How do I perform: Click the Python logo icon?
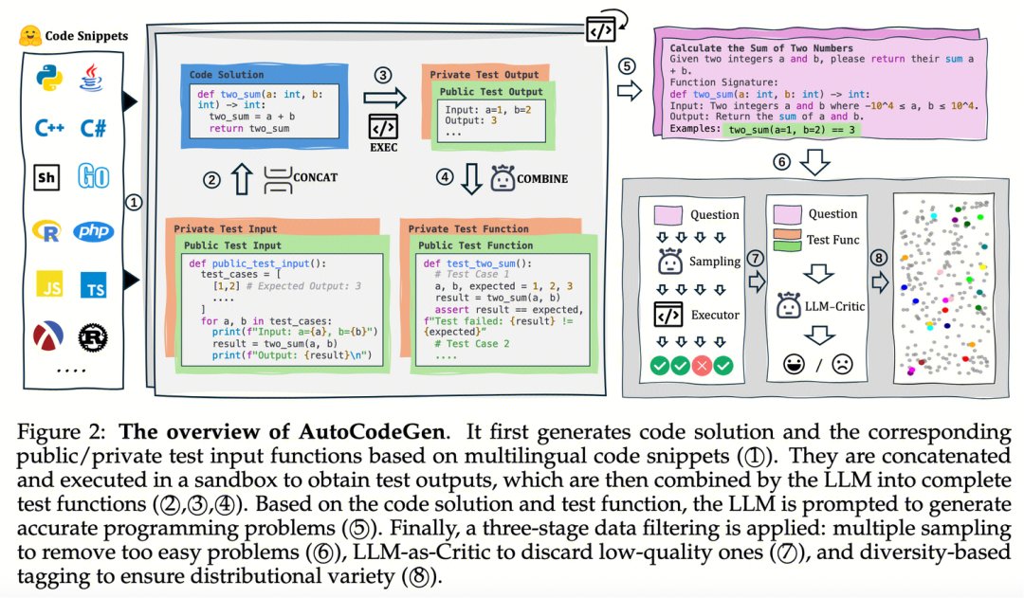[46, 78]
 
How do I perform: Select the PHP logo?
[95, 230]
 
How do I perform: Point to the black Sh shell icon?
[46, 177]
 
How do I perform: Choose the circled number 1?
[135, 201]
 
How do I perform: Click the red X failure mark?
[703, 364]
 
